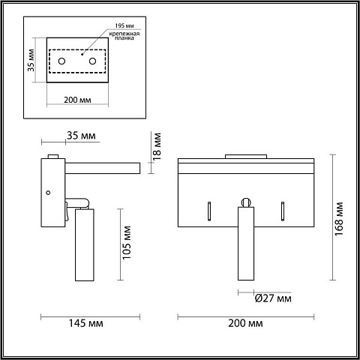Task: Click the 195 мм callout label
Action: click(124, 25)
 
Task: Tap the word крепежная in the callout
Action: click(124, 34)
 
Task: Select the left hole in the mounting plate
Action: click(61, 61)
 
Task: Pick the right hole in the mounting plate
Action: click(92, 61)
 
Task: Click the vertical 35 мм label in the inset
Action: click(31, 60)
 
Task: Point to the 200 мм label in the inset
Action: click(77, 100)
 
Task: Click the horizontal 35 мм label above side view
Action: click(81, 136)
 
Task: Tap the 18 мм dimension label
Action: click(157, 146)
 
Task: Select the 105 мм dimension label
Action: click(127, 243)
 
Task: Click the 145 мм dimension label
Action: click(85, 323)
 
